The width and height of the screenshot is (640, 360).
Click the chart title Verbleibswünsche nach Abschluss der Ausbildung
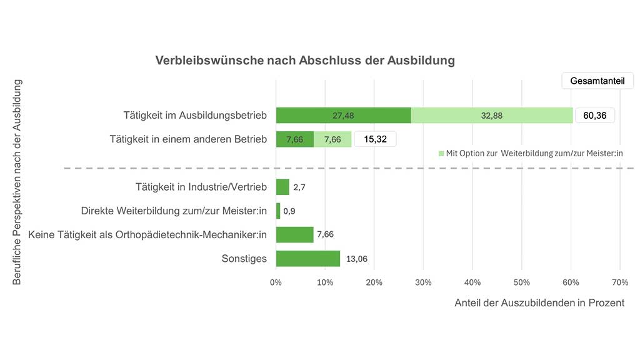pos(305,61)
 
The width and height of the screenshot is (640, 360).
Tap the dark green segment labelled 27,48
pos(343,116)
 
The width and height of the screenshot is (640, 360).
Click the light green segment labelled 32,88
pos(492,116)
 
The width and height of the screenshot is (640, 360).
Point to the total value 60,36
pos(595,116)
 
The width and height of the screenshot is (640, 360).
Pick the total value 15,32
pos(375,139)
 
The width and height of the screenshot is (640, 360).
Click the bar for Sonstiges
pos(307,259)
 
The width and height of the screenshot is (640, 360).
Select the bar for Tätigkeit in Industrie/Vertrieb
pos(282,187)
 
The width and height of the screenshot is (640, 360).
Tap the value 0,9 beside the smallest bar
pos(289,211)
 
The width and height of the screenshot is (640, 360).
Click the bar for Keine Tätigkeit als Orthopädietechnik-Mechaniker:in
pos(294,235)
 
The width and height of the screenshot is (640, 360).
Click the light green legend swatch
pos(441,153)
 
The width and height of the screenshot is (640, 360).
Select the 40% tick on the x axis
pos(472,282)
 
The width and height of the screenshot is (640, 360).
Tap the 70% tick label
pos(619,282)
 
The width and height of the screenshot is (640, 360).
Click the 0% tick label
pos(276,282)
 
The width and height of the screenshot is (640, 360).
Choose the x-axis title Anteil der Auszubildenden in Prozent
pos(539,303)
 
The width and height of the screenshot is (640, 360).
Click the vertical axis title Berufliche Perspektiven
pos(17,181)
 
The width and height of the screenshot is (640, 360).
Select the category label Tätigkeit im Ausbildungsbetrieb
pos(195,116)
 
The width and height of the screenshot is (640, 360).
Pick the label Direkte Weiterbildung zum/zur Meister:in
pos(174,211)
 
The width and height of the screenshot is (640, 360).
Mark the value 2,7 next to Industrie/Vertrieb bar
pos(299,187)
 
